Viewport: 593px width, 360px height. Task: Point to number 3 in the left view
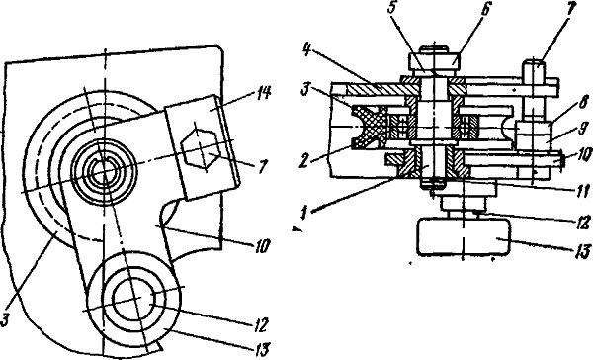pos(5,320)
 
